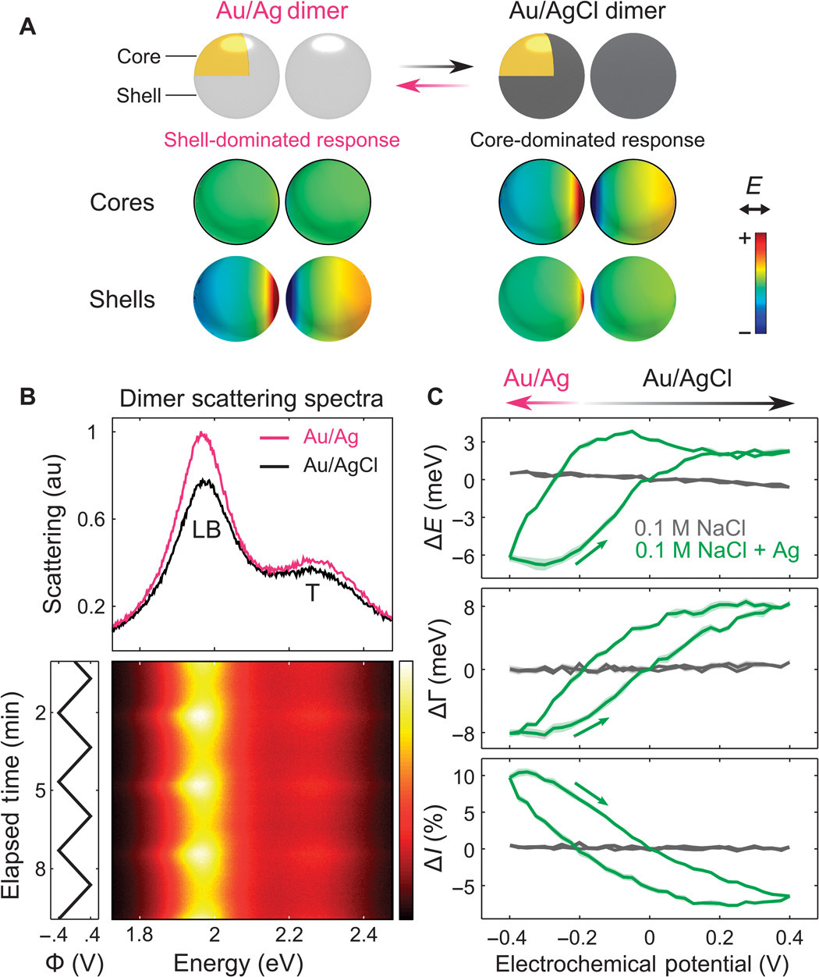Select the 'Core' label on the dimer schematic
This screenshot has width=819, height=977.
click(139, 57)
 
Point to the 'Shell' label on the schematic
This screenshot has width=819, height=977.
click(139, 95)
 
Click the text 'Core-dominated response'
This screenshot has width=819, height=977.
click(587, 140)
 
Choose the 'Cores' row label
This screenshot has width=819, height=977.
click(121, 203)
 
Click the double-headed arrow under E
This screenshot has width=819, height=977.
click(754, 209)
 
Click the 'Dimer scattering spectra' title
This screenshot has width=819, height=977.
click(251, 400)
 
